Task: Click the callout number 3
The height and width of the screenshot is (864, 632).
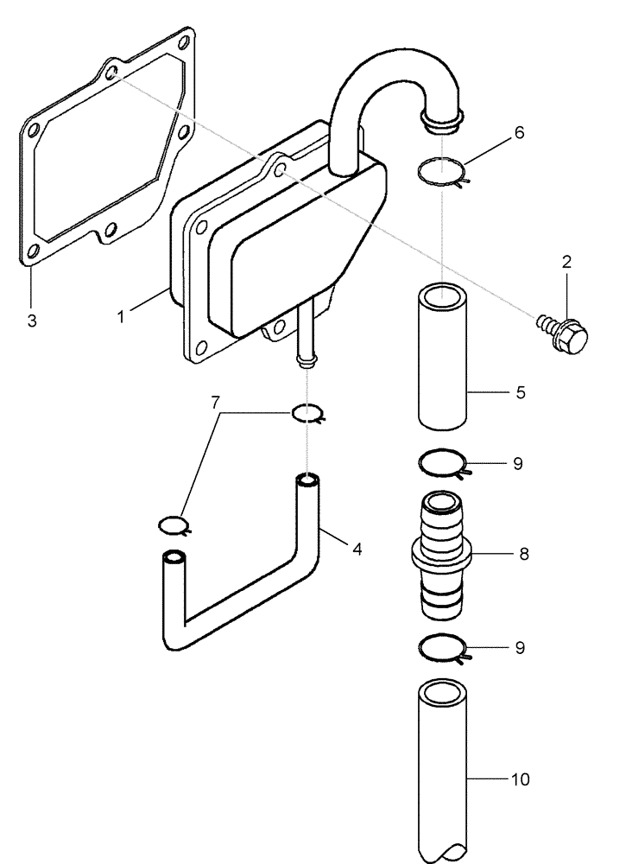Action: pyautogui.click(x=32, y=321)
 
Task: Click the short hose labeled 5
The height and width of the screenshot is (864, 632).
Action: pyautogui.click(x=442, y=355)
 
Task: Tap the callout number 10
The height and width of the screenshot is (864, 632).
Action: pyautogui.click(x=520, y=780)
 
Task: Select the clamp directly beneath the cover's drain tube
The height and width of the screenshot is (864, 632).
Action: pyautogui.click(x=307, y=414)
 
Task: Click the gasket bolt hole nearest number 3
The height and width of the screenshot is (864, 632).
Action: pyautogui.click(x=32, y=251)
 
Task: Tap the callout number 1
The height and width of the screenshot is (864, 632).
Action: pyautogui.click(x=122, y=316)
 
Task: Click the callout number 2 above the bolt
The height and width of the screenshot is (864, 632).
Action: pyautogui.click(x=566, y=262)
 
